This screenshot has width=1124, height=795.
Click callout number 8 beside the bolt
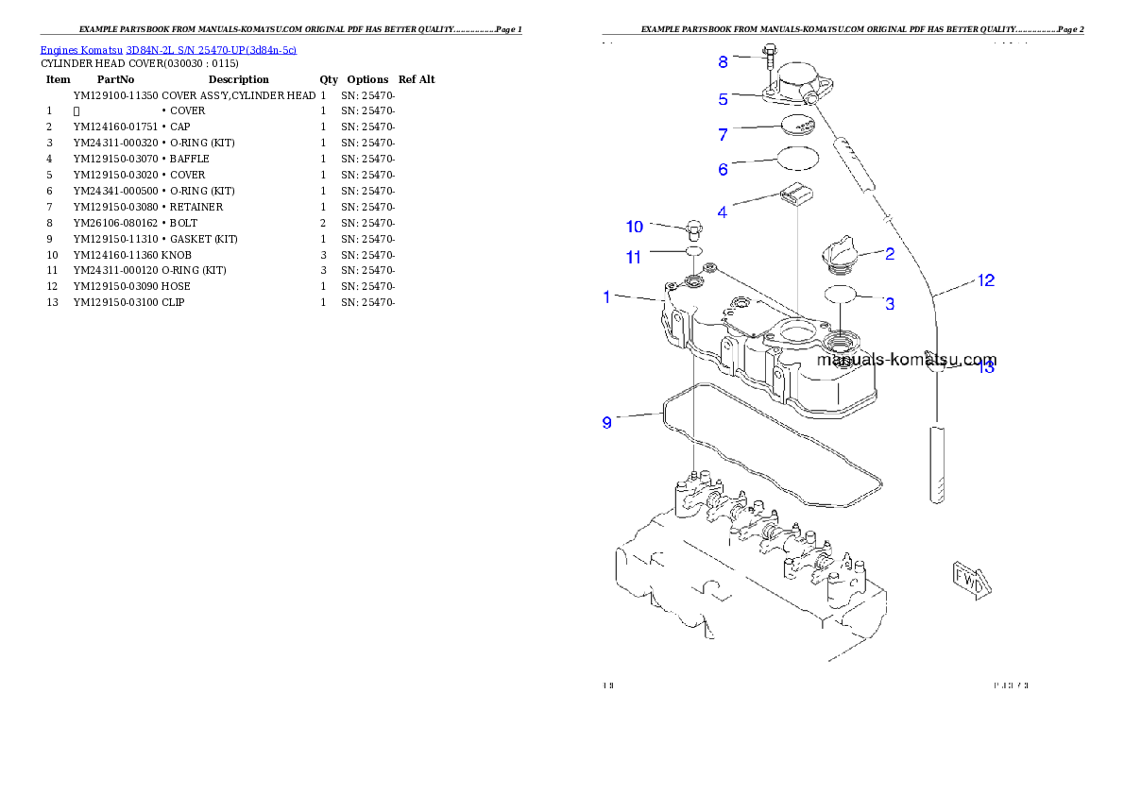724,62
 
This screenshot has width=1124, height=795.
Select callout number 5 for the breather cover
723,99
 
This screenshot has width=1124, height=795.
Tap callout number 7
723,135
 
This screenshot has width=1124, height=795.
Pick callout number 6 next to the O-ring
723,170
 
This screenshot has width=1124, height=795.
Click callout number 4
723,212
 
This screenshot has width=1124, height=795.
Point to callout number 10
635,227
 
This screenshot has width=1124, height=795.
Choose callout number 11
634,257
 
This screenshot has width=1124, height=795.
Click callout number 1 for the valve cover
607,297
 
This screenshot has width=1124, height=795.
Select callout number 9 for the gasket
607,422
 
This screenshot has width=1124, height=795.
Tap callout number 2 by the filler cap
890,253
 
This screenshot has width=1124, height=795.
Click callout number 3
890,304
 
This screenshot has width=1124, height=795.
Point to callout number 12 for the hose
985,280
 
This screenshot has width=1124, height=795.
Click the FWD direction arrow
970,578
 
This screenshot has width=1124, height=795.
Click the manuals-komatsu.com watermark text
906,361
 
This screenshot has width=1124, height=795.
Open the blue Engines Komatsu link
168,49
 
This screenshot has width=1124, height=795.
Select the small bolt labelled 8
769,57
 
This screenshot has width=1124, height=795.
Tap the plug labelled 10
692,229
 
